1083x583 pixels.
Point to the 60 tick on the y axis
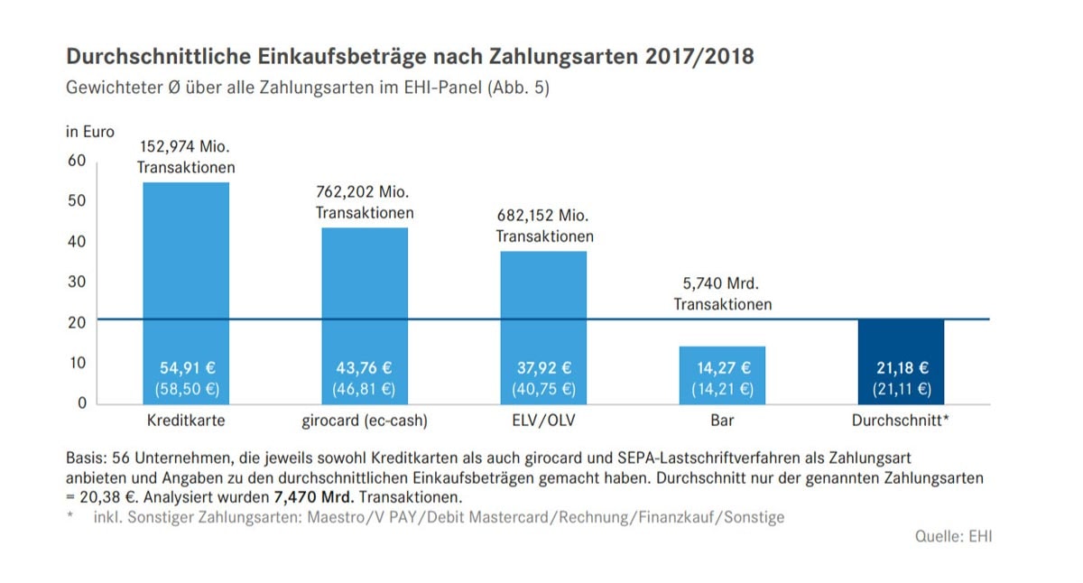point(77,161)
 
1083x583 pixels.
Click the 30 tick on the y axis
point(77,282)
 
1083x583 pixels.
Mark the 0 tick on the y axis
point(80,403)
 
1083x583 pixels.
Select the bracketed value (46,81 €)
point(365,390)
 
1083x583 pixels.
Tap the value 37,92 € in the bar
point(543,368)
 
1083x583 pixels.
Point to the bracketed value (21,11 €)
point(901,390)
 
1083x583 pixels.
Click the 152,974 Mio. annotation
point(186,147)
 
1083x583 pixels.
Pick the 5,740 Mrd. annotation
point(722,283)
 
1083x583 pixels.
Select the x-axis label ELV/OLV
point(543,421)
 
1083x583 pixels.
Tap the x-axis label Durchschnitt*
point(901,421)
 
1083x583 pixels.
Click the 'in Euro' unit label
point(90,132)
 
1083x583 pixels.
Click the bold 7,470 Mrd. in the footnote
point(314,497)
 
